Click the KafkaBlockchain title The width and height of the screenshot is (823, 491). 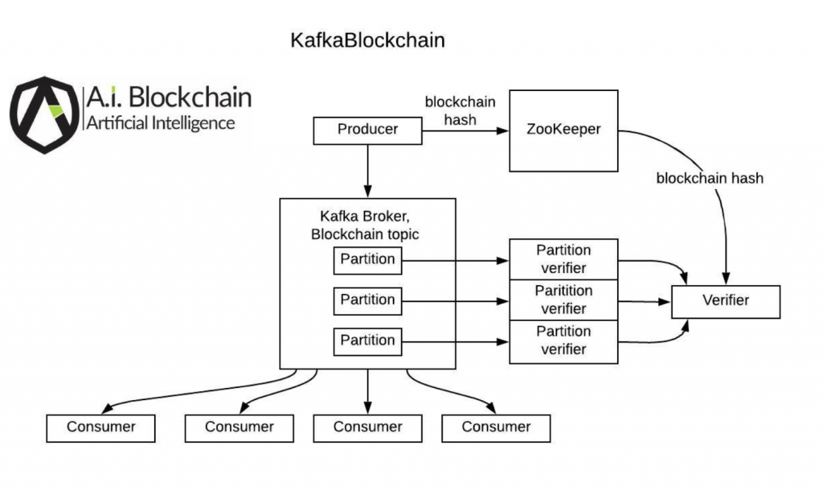(367, 40)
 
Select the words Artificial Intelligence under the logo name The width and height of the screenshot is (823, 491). (160, 123)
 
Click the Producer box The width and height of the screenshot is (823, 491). (367, 130)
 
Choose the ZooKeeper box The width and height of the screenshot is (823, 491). (563, 130)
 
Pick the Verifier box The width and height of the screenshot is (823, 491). (726, 301)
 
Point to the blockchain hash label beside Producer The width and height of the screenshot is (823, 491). (460, 111)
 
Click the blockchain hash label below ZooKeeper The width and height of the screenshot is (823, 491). (710, 179)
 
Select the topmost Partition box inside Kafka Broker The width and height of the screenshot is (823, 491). (367, 260)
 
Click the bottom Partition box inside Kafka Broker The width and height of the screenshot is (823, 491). (367, 340)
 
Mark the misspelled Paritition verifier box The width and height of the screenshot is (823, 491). (563, 300)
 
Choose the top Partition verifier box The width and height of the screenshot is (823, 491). (563, 259)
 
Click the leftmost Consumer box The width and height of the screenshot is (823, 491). (101, 427)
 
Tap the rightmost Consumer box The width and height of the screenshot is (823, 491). (496, 427)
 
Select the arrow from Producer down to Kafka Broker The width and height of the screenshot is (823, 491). (367, 171)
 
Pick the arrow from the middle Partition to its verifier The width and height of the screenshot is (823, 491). (455, 301)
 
